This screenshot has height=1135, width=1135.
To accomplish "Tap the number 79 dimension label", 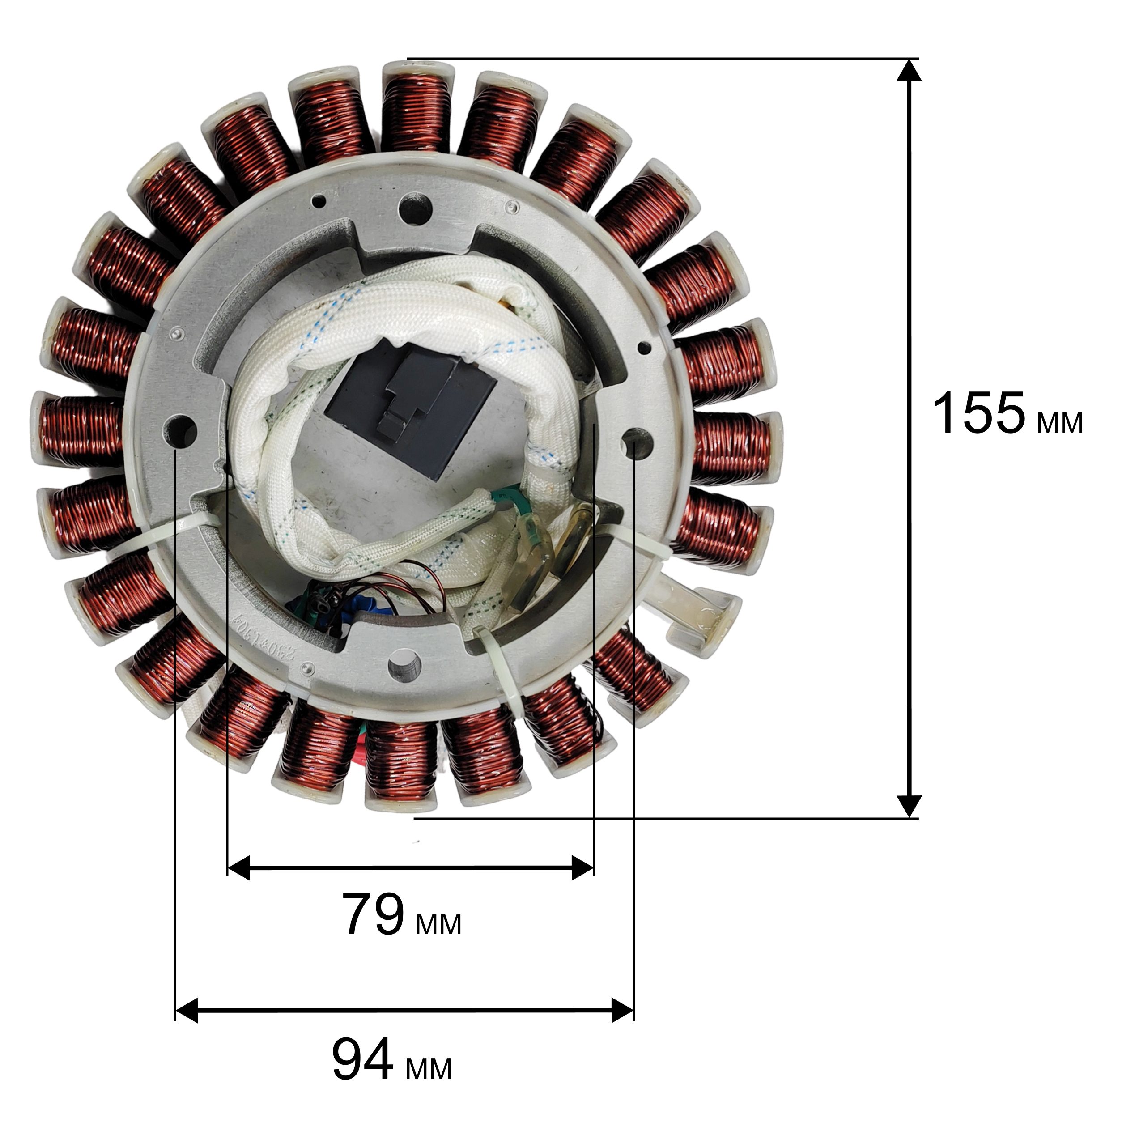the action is pos(374,915).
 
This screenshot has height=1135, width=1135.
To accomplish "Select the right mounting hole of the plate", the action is pos(638,443).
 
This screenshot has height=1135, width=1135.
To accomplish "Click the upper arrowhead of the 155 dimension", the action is pos(909,70).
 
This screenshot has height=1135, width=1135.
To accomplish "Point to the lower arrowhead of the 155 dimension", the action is pos(909,806).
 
